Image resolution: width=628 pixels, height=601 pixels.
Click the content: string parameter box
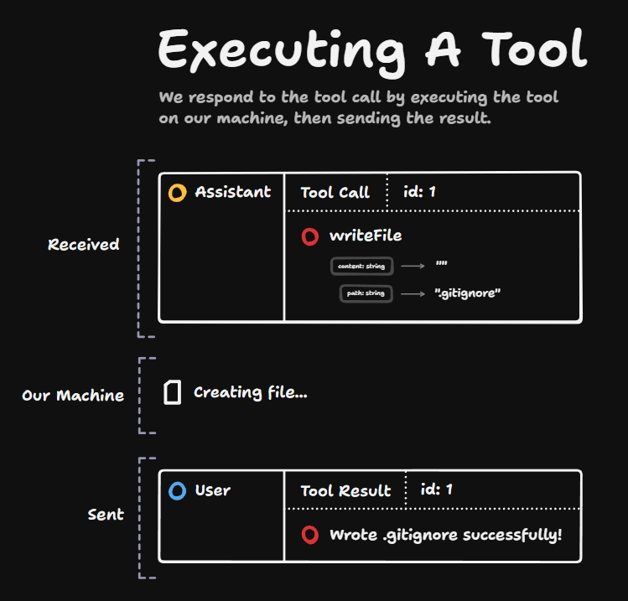[x=361, y=267]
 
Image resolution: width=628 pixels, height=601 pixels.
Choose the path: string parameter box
[x=366, y=293]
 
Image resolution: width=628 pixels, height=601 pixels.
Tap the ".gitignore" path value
[x=467, y=293]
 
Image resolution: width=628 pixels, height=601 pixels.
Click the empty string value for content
[x=441, y=263]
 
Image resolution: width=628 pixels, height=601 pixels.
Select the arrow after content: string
[x=413, y=266]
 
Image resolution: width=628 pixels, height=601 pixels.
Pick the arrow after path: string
[x=413, y=294]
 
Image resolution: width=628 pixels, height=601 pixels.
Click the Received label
[x=83, y=244]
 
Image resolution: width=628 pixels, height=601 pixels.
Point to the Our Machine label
[x=73, y=395]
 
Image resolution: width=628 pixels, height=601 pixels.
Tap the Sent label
[x=106, y=515]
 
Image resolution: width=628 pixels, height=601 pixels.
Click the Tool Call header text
[x=335, y=193]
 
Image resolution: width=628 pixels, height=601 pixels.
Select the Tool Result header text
[x=345, y=491]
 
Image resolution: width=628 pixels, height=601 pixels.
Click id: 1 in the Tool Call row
[x=419, y=192]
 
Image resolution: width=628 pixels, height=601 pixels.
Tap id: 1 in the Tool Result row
[x=437, y=490]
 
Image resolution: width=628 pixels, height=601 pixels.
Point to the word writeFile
[x=366, y=236]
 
